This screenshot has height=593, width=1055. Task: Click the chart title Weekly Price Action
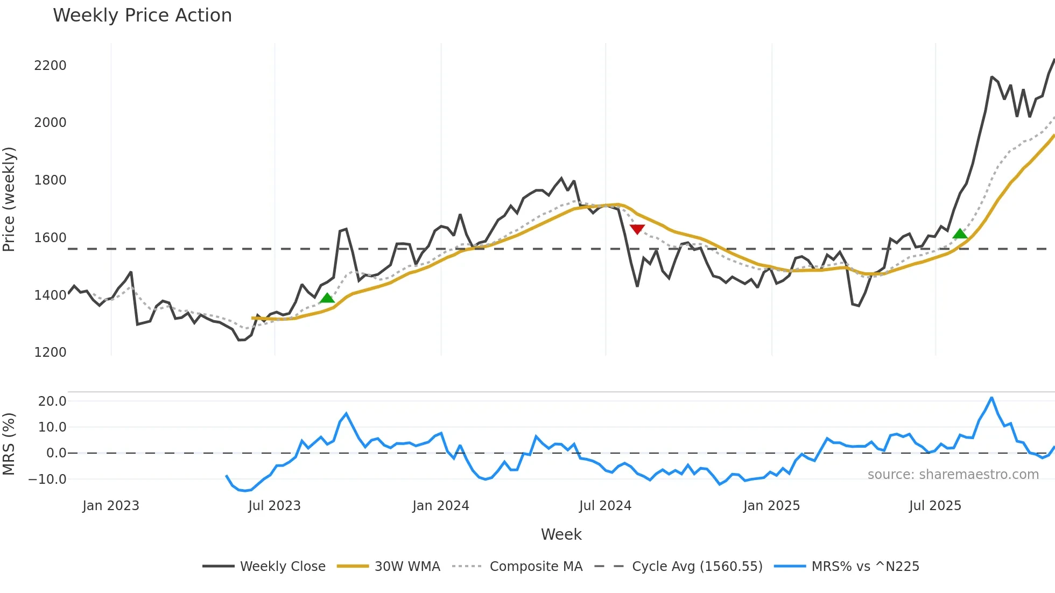click(x=142, y=16)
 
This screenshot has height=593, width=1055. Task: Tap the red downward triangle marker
click(x=637, y=229)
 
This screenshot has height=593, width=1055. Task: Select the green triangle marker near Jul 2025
click(x=960, y=234)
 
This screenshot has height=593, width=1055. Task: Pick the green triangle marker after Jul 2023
click(x=327, y=298)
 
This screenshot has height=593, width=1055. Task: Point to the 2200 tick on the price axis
click(x=50, y=66)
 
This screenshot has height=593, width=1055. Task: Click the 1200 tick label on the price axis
click(x=50, y=352)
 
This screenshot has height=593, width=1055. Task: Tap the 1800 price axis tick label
click(x=50, y=180)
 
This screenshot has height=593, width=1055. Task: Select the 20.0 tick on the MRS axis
click(x=52, y=401)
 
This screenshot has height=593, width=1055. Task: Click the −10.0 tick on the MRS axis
click(x=48, y=479)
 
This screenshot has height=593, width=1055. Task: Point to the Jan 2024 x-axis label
click(x=440, y=506)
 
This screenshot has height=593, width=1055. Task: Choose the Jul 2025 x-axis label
click(x=935, y=506)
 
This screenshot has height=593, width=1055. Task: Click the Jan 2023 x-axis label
click(x=111, y=506)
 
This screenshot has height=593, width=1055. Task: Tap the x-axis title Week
click(x=561, y=534)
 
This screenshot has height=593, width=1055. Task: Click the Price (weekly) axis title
click(x=9, y=199)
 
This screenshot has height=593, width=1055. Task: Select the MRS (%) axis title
click(x=9, y=444)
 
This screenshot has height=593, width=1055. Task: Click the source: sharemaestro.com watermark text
click(x=953, y=475)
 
